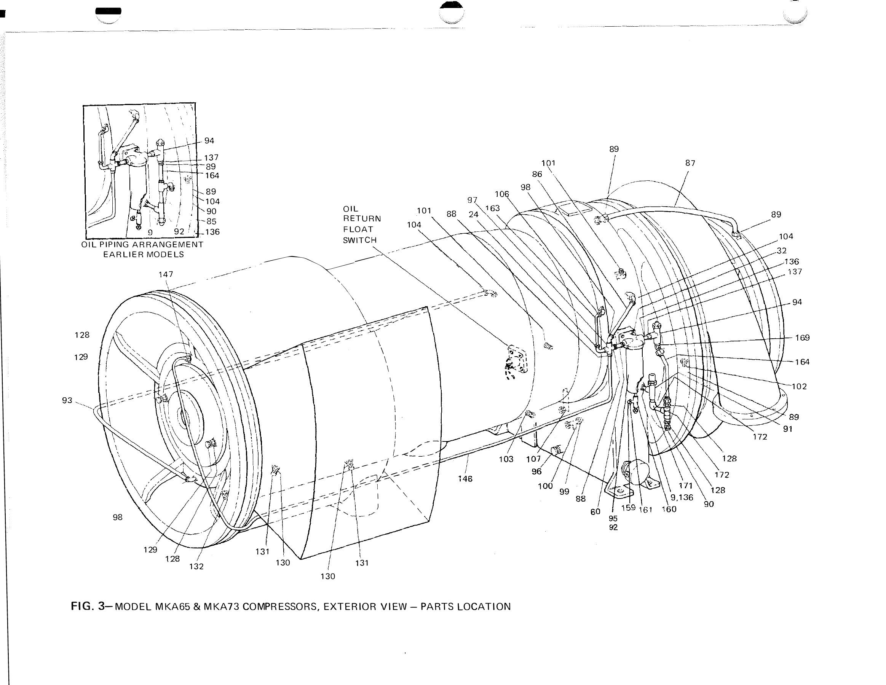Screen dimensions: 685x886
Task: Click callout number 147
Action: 166,274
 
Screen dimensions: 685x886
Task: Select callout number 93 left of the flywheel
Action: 67,401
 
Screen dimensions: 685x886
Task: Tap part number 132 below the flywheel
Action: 196,567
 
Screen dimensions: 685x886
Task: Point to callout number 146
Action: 465,479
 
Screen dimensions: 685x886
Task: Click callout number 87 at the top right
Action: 690,163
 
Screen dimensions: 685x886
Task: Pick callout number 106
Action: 502,194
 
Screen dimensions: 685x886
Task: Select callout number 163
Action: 492,209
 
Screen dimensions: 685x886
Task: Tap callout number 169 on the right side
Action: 802,338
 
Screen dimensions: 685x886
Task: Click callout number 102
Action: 799,387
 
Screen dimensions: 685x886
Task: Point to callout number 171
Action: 686,486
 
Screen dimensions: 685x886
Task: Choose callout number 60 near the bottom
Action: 595,512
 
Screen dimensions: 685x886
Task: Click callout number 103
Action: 506,459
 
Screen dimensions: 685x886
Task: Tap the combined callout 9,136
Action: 682,497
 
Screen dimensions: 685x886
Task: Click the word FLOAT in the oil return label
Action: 358,229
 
